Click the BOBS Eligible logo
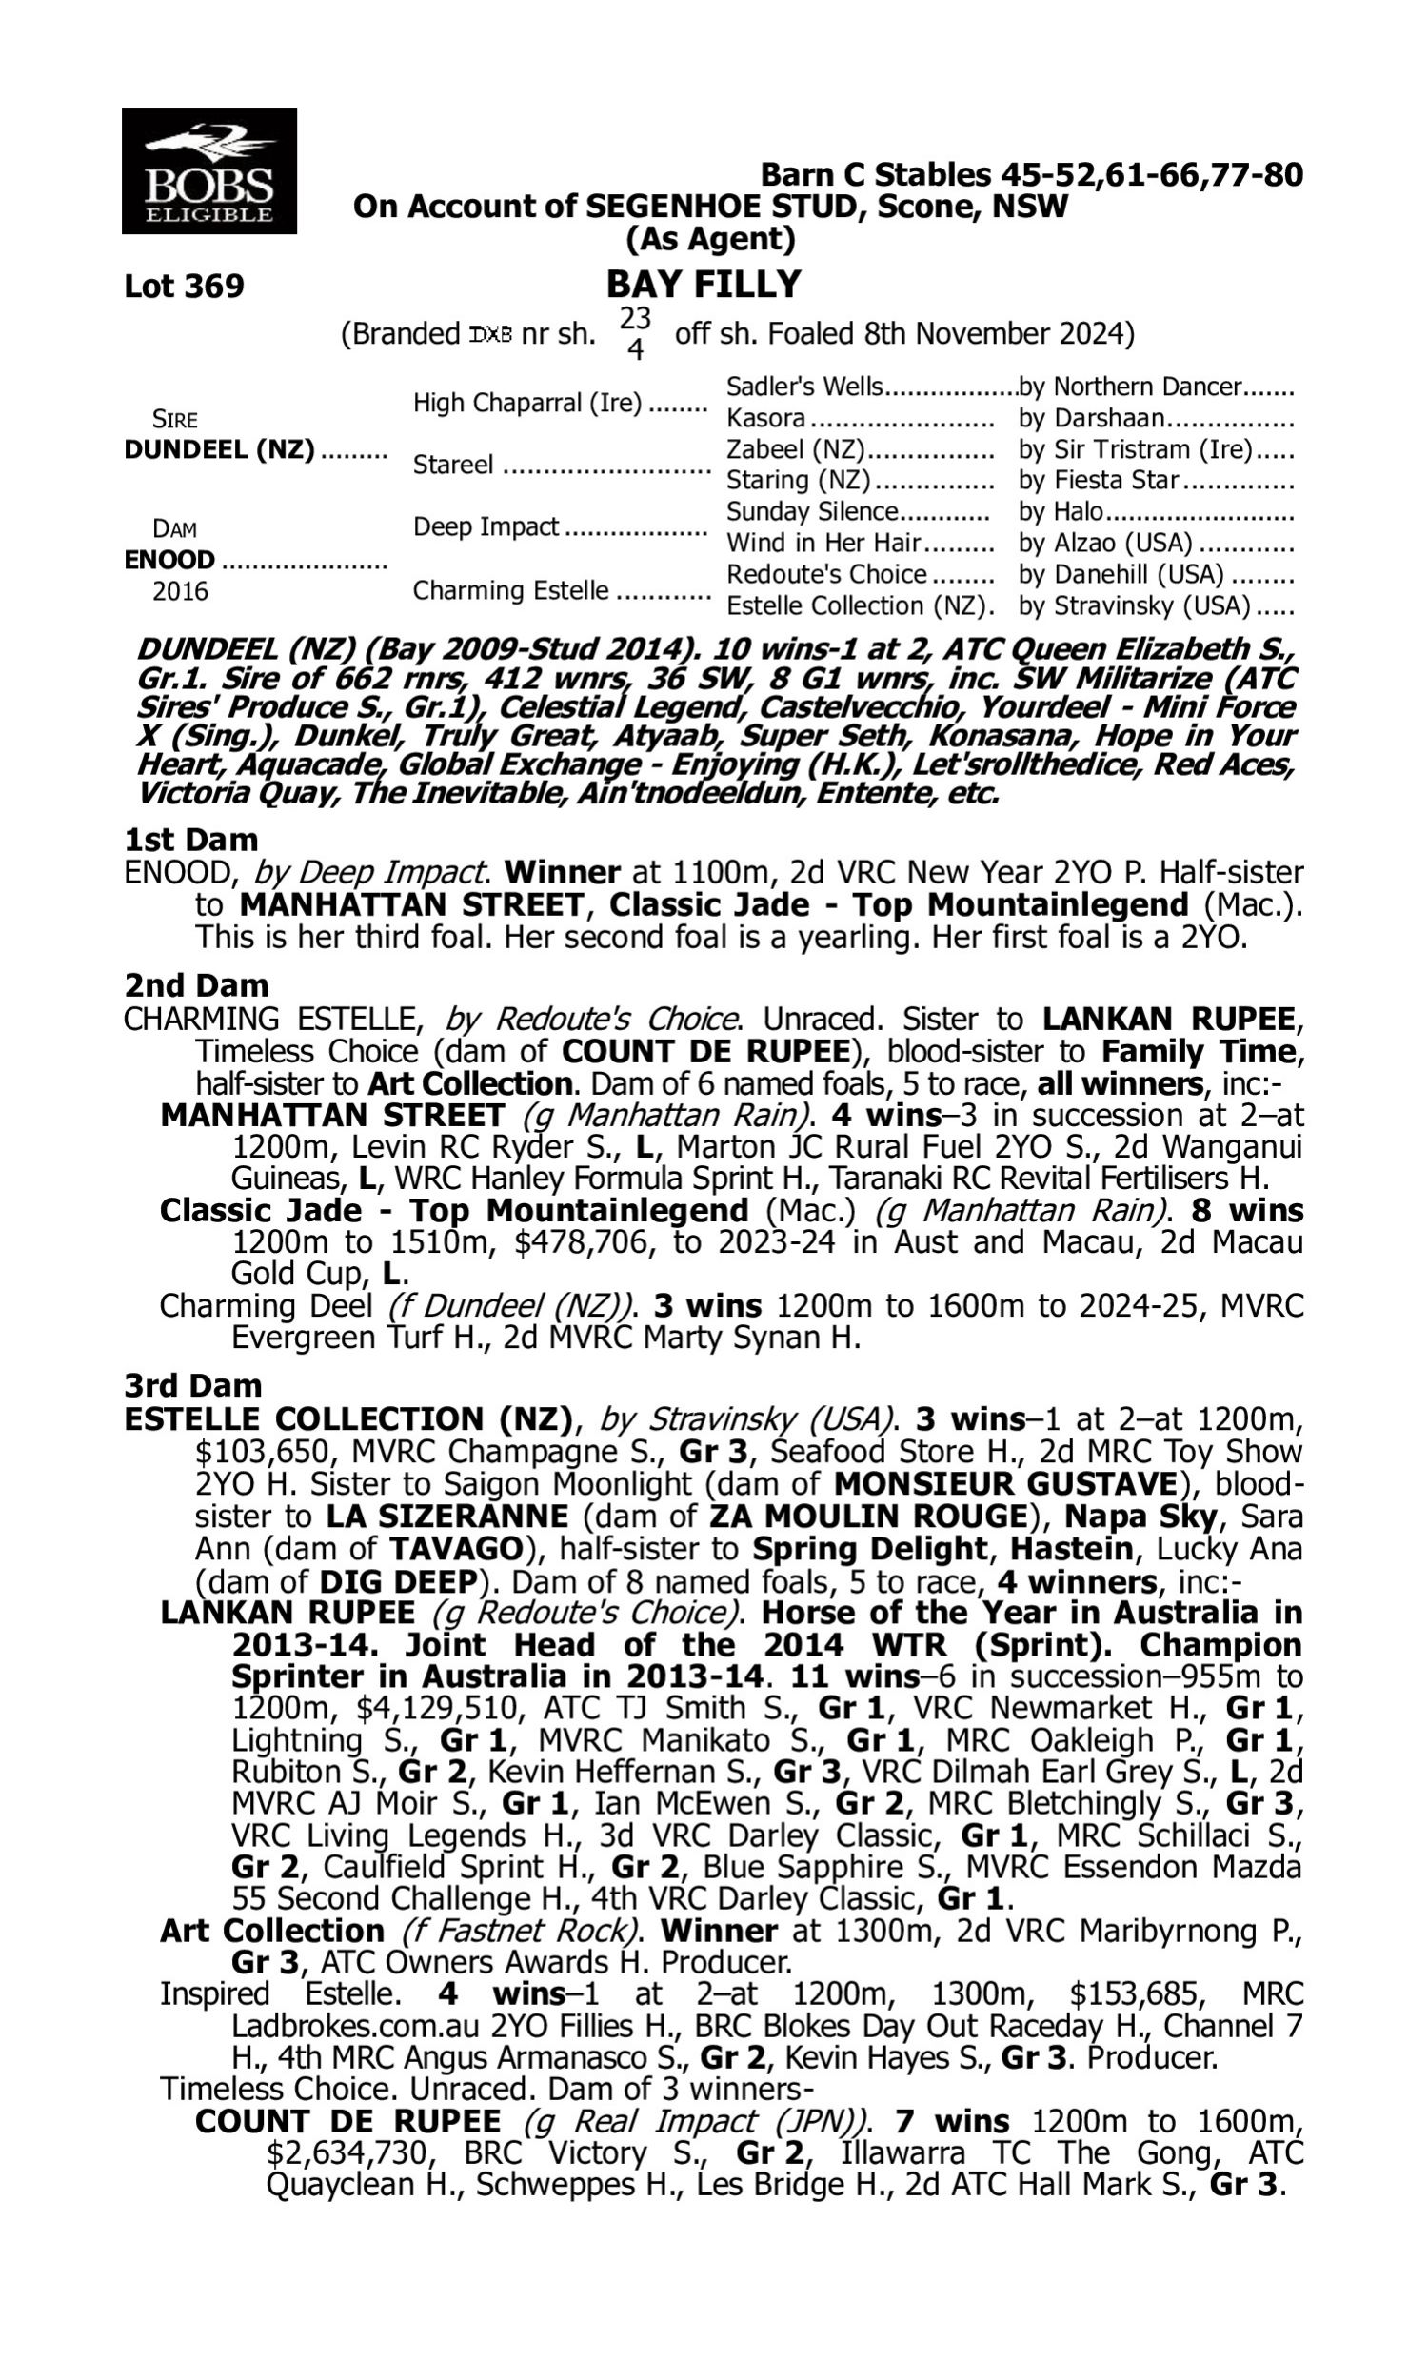208,171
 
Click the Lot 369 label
184,287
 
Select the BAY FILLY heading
704,285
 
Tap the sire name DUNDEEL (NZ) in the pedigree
219,450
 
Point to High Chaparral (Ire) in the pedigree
527,403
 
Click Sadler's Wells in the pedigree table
803,387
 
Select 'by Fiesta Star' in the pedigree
1099,480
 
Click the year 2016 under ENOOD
180,590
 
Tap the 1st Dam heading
190,840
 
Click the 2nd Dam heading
195,985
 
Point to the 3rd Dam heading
192,1385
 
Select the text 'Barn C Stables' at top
875,175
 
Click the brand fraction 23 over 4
634,333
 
